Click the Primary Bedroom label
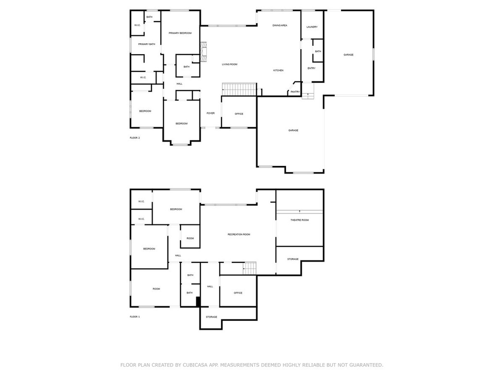point(180,33)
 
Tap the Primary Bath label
point(147,44)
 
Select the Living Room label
point(229,64)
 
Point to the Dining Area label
point(280,26)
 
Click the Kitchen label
point(279,70)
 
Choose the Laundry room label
point(312,27)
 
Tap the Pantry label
point(295,92)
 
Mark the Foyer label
point(211,113)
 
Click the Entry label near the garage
point(312,68)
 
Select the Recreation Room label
point(239,234)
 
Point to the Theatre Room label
point(300,220)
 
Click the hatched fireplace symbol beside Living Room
point(203,52)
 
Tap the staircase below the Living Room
point(240,90)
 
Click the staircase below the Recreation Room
point(250,268)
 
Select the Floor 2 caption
point(135,138)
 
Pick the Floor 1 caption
point(135,317)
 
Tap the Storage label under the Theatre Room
point(293,259)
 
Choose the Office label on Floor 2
point(239,114)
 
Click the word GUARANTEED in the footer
point(366,365)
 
